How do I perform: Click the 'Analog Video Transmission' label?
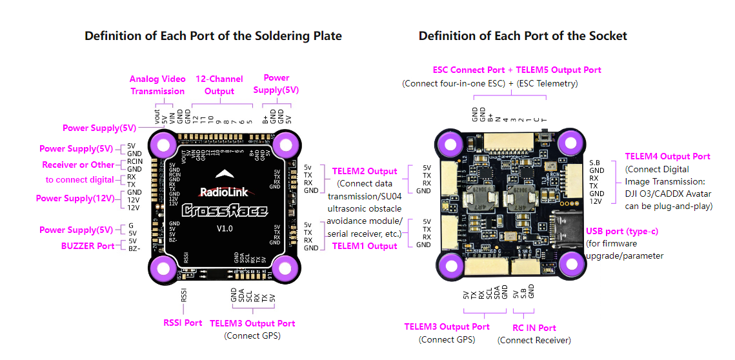[x=157, y=85]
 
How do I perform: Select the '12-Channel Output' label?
[x=219, y=85]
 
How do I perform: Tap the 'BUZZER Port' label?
[x=88, y=246]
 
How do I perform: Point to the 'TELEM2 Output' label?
[x=365, y=171]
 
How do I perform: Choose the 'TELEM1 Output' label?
[x=365, y=246]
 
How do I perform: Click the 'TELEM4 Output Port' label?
[x=667, y=156]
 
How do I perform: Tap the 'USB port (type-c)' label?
[x=621, y=231]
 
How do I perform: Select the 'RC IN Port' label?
[x=534, y=328]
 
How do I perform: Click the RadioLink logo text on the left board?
[x=222, y=192]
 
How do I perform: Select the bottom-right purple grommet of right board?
[x=572, y=265]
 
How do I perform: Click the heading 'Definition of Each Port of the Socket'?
[x=523, y=36]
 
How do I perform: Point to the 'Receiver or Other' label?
[x=78, y=165]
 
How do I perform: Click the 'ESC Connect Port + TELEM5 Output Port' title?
[x=516, y=70]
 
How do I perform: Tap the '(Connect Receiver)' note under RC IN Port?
[x=534, y=340]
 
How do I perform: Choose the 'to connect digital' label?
[x=79, y=180]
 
